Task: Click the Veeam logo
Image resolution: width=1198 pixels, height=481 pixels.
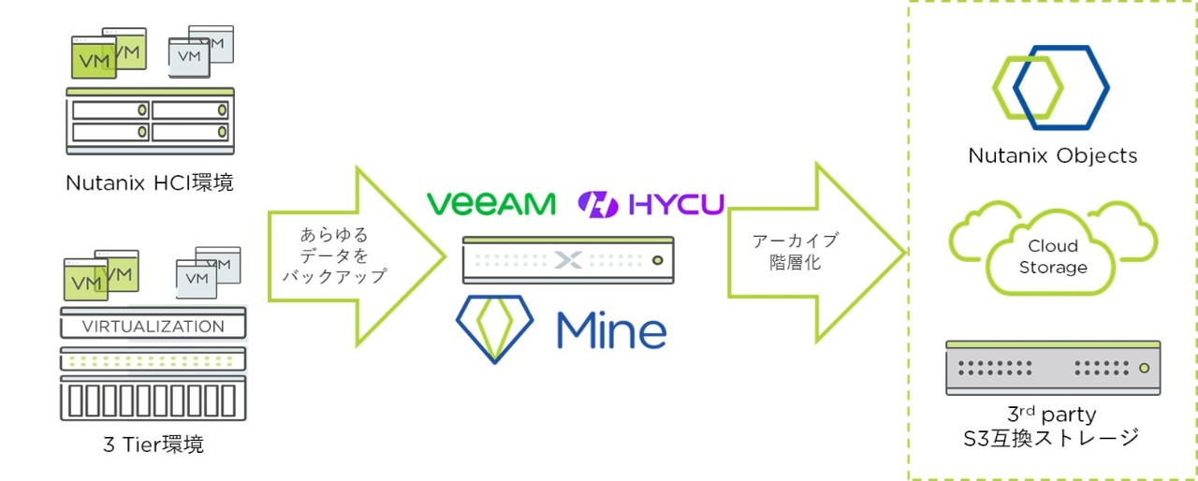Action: [x=490, y=203]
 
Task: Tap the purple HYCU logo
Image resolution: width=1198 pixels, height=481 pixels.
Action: [x=650, y=203]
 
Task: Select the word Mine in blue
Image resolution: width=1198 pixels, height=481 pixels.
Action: [x=611, y=328]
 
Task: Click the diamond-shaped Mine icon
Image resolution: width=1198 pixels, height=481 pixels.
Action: [x=494, y=328]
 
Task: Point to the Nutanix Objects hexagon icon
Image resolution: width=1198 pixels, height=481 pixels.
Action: [x=1051, y=86]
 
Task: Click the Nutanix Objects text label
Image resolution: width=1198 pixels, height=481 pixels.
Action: [x=1052, y=156]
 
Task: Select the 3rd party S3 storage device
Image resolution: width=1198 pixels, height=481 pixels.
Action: [x=1052, y=367]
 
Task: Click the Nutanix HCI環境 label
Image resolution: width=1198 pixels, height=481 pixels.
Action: [x=150, y=183]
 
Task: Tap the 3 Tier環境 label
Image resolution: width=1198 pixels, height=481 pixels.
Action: [x=153, y=445]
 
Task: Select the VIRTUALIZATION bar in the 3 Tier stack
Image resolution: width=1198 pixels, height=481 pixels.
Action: [x=153, y=327]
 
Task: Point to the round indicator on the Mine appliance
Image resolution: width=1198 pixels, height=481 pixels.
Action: [x=657, y=260]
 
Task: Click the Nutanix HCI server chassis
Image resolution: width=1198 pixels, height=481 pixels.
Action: [x=150, y=121]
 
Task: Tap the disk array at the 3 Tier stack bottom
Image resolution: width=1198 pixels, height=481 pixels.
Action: [x=153, y=399]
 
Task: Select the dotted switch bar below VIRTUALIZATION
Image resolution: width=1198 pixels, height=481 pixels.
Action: [x=153, y=359]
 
